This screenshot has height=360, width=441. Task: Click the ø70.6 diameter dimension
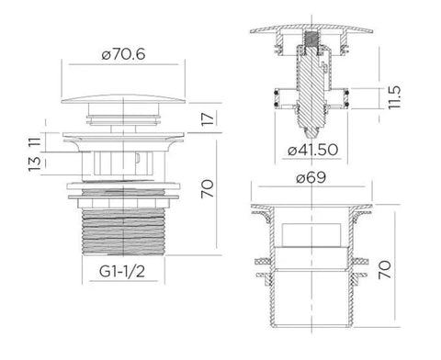pos(123,54)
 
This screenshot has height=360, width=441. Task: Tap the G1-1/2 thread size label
pos(122,271)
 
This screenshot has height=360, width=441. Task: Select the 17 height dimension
pos(208,118)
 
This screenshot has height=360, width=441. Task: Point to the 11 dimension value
pos(35,141)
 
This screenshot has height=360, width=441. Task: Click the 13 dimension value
pos(35,163)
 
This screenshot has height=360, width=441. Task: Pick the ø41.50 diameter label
pos(312,150)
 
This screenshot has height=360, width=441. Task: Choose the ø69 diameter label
pos(311,177)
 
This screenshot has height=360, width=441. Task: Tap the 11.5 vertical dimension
pos(394,97)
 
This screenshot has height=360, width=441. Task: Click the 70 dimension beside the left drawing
pos(208,188)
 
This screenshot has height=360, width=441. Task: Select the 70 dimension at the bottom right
pos(385,269)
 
